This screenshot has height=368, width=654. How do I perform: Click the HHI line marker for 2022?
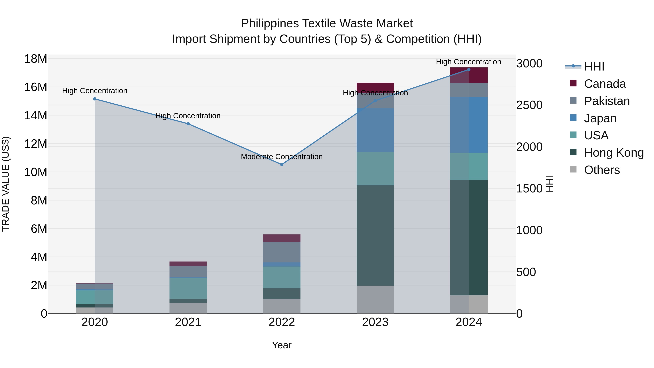pos(282,165)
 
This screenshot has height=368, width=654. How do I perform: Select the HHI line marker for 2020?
pos(95,99)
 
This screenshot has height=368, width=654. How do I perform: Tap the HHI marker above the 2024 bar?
pos(469,70)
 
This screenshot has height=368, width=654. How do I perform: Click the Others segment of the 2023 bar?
pos(375,299)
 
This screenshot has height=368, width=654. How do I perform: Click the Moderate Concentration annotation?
pos(282,157)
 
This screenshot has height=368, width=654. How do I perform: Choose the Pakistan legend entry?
pos(607,101)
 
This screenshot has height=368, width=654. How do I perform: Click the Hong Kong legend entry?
pos(614,153)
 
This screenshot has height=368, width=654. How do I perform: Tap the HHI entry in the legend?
pos(594,67)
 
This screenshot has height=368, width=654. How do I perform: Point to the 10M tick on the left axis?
pos(36,172)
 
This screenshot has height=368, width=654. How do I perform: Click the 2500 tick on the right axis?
pos(529,105)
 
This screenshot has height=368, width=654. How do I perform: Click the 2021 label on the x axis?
pos(188,322)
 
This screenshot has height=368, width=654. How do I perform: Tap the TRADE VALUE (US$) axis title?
pos(6,184)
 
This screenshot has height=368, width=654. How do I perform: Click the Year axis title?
pos(282,345)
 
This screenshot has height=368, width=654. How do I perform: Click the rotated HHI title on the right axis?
pos(549,184)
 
